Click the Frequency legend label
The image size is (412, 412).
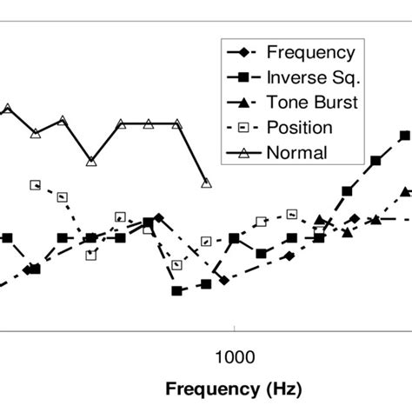310,53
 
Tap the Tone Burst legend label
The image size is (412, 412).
313,103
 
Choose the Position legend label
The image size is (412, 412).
300,128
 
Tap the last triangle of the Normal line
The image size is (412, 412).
206,183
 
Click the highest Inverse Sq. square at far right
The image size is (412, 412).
404,136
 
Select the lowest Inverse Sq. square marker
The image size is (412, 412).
177,291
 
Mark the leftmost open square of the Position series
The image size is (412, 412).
35,184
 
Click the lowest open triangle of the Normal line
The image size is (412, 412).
206,183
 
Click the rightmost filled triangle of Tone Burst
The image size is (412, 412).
405,191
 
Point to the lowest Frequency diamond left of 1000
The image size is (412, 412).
224,280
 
